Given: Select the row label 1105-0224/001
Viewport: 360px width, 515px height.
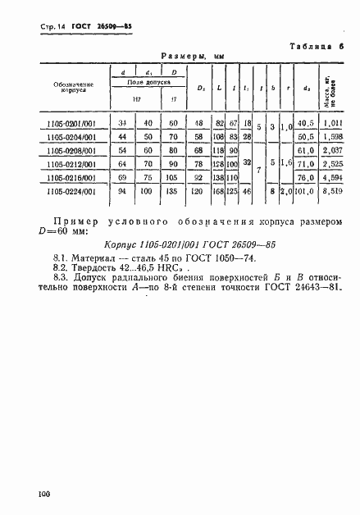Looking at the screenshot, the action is [x=73, y=192].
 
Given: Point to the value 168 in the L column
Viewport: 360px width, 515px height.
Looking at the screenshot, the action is [x=219, y=192].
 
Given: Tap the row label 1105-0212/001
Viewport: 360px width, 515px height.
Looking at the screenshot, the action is [x=73, y=164].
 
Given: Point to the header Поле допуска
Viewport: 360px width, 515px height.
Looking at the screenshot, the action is [x=149, y=84].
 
